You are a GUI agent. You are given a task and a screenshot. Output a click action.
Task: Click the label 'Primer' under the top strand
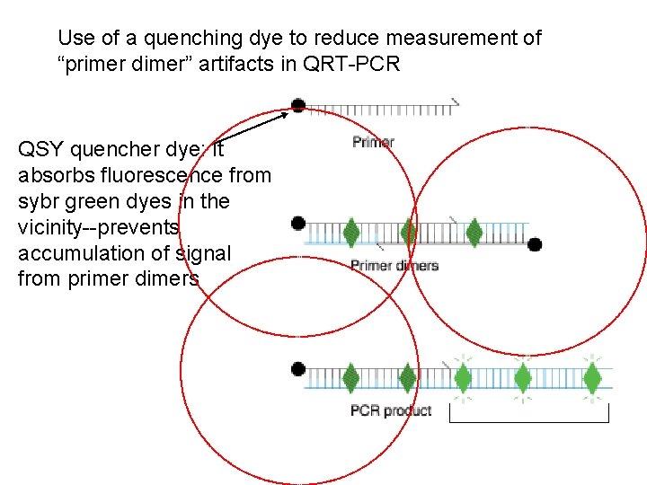(373, 142)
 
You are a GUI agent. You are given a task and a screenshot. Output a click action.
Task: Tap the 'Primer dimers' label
(394, 265)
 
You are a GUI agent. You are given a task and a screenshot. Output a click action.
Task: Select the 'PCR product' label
(391, 410)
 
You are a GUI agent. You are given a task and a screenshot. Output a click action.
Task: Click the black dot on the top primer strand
(298, 106)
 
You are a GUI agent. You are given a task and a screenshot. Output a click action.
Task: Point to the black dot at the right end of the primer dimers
(535, 243)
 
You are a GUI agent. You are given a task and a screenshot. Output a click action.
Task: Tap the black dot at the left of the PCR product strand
(298, 367)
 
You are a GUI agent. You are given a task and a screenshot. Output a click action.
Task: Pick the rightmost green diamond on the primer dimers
(474, 233)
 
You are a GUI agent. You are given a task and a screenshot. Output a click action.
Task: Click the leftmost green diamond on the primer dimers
(350, 233)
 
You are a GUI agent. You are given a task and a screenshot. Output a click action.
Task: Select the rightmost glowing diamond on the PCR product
(592, 377)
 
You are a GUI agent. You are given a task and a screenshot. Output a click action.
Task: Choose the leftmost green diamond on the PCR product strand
(350, 377)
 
